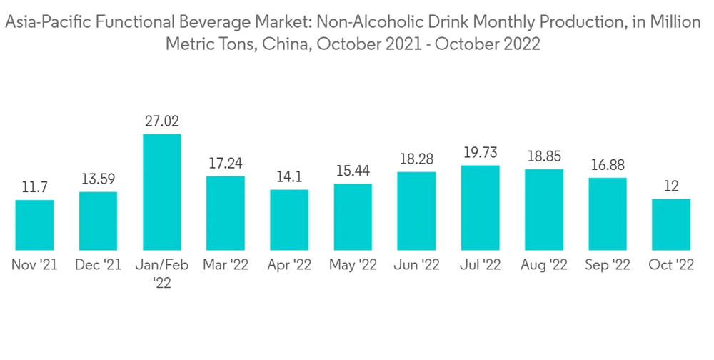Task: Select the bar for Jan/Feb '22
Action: point(162,191)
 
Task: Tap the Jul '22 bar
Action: point(481,207)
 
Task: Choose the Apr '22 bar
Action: point(289,219)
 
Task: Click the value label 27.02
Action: point(162,121)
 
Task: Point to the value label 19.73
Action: point(481,153)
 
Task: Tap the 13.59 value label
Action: point(98,179)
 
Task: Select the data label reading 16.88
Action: point(608,165)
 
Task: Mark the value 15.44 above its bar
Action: point(353,171)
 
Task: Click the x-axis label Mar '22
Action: point(226,265)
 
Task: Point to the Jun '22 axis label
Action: point(417,265)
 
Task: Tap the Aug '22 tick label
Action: point(544,265)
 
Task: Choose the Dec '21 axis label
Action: point(98,265)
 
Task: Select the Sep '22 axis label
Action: point(608,265)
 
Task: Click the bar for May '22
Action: point(353,216)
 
